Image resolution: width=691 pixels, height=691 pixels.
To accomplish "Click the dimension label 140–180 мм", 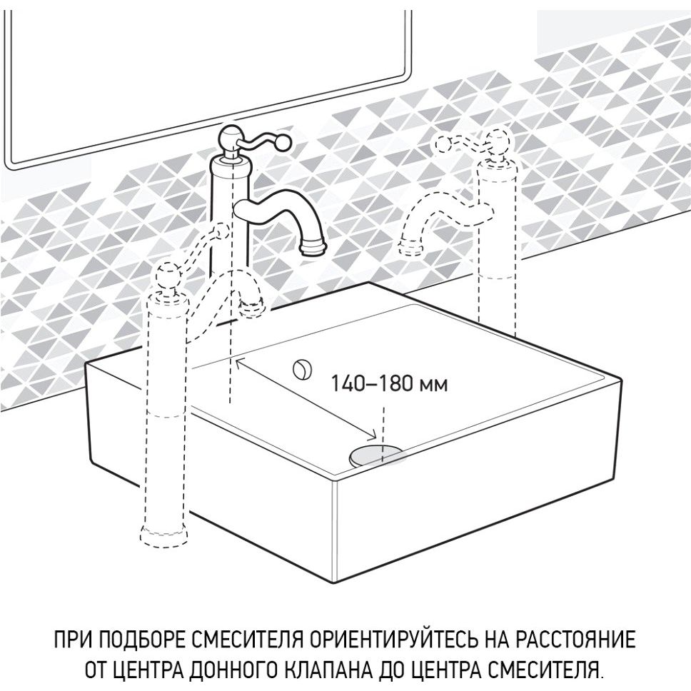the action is pyautogui.click(x=388, y=383).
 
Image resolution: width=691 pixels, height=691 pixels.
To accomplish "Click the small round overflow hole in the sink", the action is pyautogui.click(x=303, y=368).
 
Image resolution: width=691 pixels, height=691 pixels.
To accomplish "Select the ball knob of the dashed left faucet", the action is pyautogui.click(x=168, y=275).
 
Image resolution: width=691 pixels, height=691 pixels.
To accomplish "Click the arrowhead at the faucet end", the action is pyautogui.click(x=241, y=363).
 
